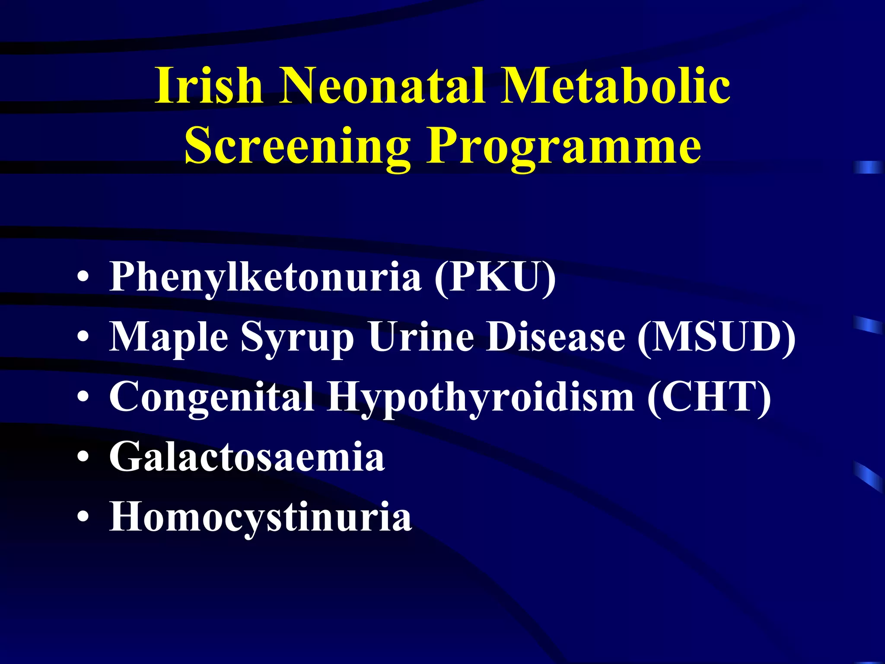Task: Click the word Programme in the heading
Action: (563, 147)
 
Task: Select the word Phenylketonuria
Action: (265, 277)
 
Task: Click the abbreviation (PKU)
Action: (495, 277)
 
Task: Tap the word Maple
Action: (169, 337)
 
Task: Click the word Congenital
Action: (212, 397)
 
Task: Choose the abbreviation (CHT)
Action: (709, 397)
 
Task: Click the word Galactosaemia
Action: (247, 457)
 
